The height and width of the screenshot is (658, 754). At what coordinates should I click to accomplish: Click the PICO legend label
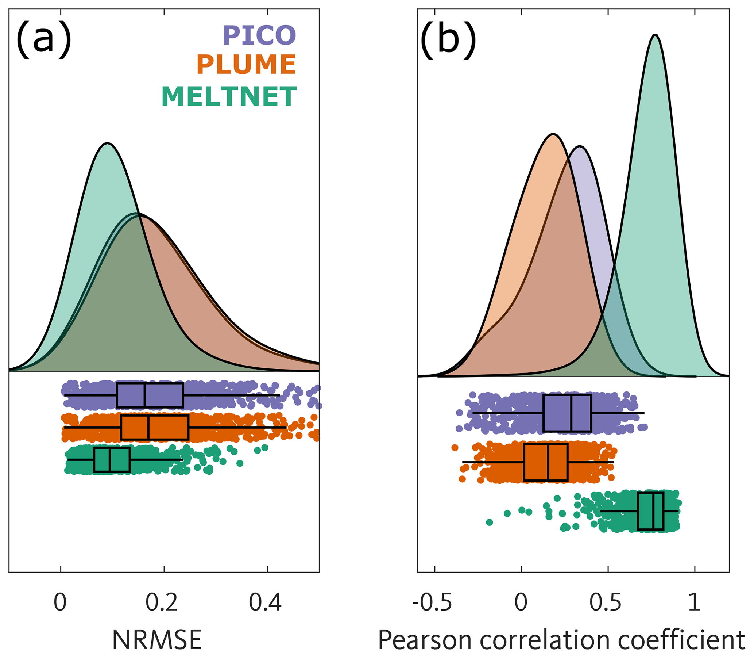pyautogui.click(x=259, y=35)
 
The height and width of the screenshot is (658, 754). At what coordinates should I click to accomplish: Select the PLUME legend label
pyautogui.click(x=246, y=65)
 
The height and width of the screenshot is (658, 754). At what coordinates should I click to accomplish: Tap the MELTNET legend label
pyautogui.click(x=229, y=96)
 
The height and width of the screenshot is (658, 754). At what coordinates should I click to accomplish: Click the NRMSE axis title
pyautogui.click(x=156, y=640)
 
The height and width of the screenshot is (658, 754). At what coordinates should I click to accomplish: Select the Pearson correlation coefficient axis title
pyautogui.click(x=561, y=640)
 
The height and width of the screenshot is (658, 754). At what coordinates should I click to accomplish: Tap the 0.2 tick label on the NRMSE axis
pyautogui.click(x=162, y=602)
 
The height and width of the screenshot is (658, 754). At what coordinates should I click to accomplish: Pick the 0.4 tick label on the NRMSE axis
pyautogui.click(x=265, y=602)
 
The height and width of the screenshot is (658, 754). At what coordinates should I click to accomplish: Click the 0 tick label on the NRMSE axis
pyautogui.click(x=60, y=602)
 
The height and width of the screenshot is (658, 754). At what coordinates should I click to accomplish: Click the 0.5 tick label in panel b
pyautogui.click(x=606, y=602)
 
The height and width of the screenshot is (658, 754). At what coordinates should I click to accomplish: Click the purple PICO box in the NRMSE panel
pyautogui.click(x=150, y=395)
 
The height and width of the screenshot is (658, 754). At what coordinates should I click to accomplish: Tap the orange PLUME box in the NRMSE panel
pyautogui.click(x=155, y=427)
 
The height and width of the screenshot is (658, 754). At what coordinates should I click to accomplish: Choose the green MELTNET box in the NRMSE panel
pyautogui.click(x=112, y=459)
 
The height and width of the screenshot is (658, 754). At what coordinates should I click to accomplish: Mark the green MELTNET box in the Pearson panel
pyautogui.click(x=650, y=511)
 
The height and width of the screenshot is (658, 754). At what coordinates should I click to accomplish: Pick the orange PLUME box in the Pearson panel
pyautogui.click(x=546, y=462)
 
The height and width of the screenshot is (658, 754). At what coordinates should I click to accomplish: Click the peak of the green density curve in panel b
pyautogui.click(x=656, y=35)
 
